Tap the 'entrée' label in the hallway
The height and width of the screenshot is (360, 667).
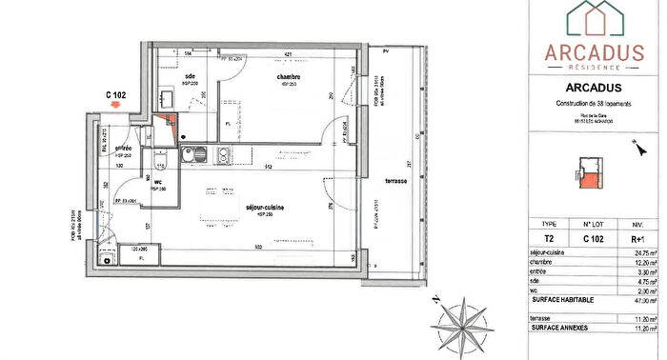(123, 150)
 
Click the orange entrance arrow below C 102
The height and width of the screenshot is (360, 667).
(116, 110)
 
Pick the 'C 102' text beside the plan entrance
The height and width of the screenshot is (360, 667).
(116, 94)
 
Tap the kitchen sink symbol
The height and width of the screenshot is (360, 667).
(189, 155)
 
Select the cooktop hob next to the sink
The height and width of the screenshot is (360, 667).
(221, 155)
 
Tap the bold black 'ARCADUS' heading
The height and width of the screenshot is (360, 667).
(593, 89)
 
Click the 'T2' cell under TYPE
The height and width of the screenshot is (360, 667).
(548, 240)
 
